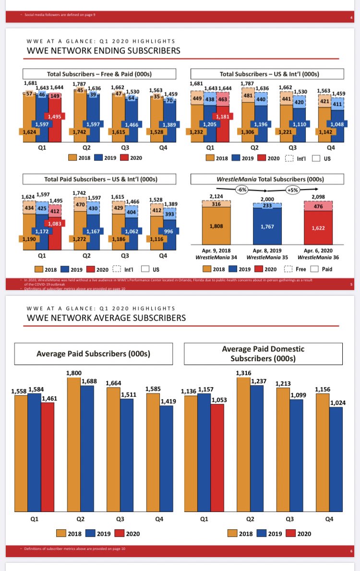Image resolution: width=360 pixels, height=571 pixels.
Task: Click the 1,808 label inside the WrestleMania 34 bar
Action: (x=216, y=226)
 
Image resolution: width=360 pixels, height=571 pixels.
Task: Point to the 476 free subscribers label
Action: (x=318, y=206)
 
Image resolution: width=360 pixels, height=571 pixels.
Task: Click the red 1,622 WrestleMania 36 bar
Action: (x=318, y=228)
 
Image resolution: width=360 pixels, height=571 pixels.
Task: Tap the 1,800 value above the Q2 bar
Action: (x=73, y=373)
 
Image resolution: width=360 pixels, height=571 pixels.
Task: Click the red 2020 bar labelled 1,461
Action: (x=48, y=456)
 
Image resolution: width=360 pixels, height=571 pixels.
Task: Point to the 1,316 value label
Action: (x=243, y=373)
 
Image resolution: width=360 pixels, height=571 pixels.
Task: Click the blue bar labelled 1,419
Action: (x=153, y=459)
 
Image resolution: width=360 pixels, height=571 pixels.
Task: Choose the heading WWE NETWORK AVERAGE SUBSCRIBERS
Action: (x=106, y=317)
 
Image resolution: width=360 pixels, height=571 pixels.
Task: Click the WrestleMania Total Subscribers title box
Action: (x=267, y=180)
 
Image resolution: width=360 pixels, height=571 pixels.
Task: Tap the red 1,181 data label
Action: (x=223, y=116)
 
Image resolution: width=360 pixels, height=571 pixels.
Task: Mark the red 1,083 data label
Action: (x=55, y=223)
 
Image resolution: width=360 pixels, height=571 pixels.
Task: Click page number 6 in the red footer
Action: (x=351, y=551)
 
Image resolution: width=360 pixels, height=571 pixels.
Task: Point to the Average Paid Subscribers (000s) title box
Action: (x=93, y=354)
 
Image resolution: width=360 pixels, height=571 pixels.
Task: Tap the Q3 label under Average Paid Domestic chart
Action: (x=289, y=519)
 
